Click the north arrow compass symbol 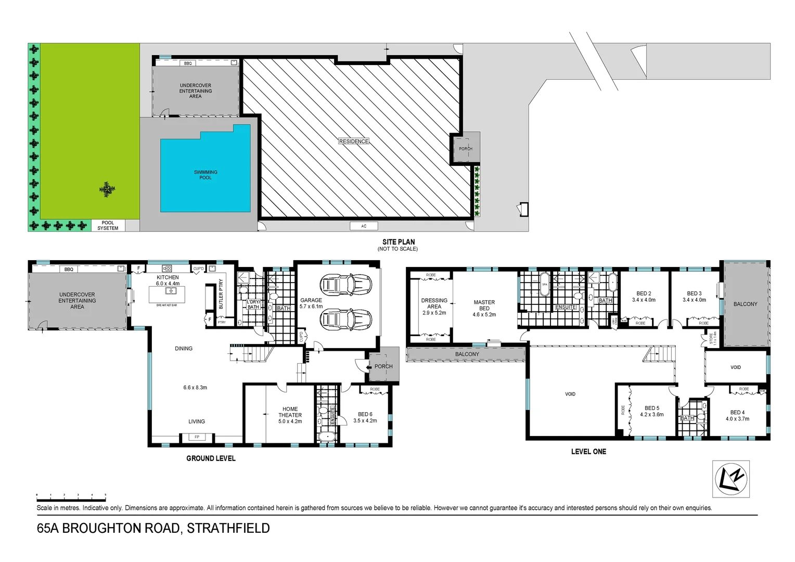(x=730, y=479)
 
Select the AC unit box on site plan (x=364, y=226)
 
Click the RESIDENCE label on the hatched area (x=354, y=141)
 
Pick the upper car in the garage (x=346, y=285)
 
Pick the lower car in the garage (x=346, y=320)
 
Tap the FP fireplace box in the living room (x=197, y=437)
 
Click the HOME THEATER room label (x=290, y=412)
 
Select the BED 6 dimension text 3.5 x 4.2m (x=365, y=420)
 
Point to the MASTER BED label (x=484, y=305)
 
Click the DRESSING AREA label (x=434, y=303)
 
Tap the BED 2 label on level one (x=644, y=293)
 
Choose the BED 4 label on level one (x=737, y=412)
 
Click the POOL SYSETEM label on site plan (x=108, y=225)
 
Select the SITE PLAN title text (x=399, y=242)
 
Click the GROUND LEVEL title (x=211, y=458)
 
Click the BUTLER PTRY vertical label (x=221, y=294)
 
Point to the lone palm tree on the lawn (x=107, y=189)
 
